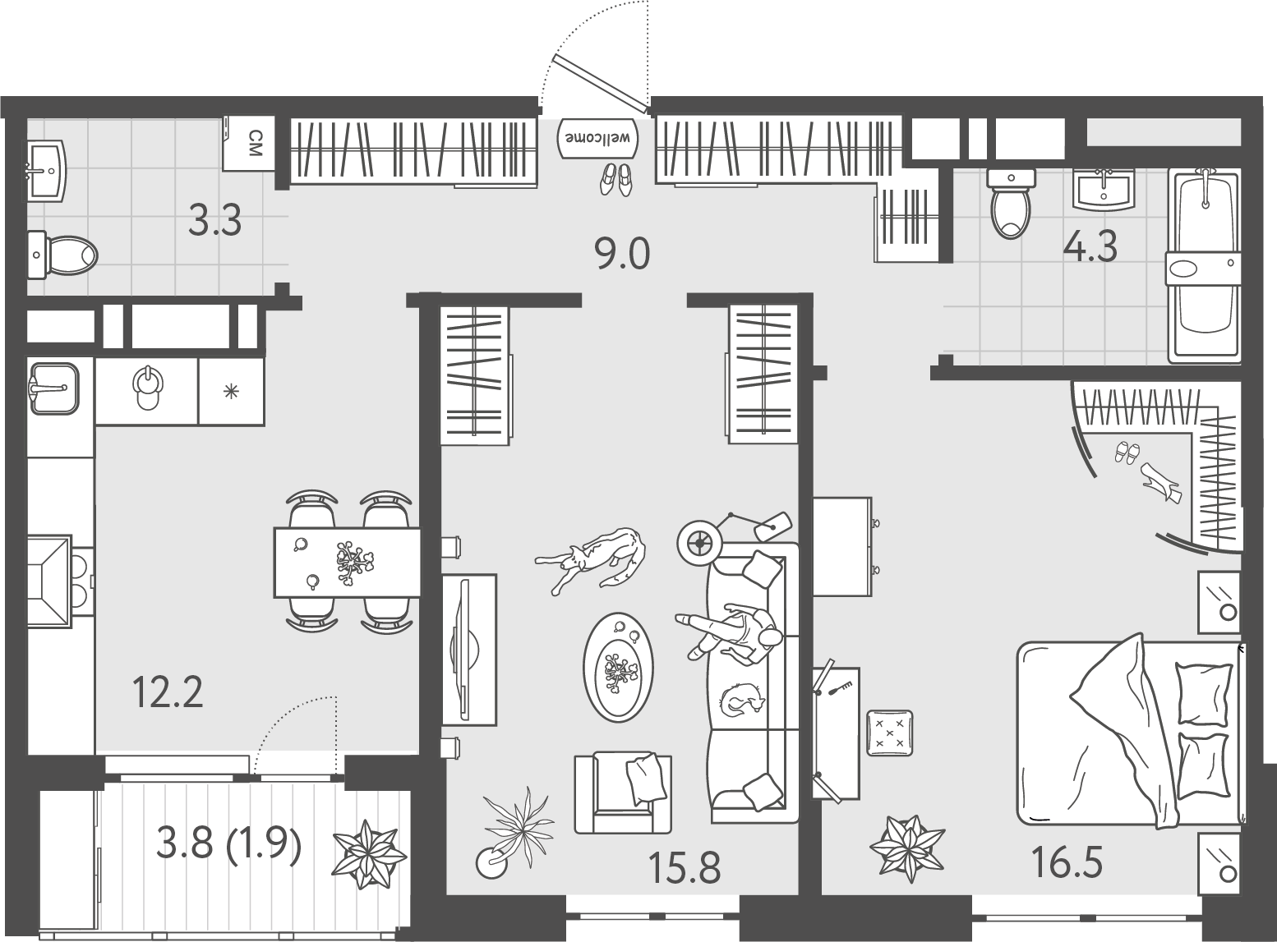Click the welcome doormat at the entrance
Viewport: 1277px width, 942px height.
point(597,138)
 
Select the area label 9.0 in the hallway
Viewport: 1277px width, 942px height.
point(622,255)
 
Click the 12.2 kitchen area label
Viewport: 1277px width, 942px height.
point(168,692)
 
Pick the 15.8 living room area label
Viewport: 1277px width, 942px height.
point(684,868)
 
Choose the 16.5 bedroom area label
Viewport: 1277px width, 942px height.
point(1067,863)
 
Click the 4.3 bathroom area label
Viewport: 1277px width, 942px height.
point(1090,246)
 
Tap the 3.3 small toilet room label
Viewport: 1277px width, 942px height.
point(214,220)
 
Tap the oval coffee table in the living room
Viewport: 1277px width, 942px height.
point(618,667)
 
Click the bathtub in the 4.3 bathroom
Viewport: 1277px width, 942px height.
point(1204,265)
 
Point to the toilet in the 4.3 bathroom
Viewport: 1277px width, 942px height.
point(1011,204)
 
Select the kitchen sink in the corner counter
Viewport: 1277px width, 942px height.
point(53,388)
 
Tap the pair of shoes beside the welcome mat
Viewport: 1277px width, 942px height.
point(615,178)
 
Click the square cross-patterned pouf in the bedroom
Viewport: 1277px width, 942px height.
point(889,733)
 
